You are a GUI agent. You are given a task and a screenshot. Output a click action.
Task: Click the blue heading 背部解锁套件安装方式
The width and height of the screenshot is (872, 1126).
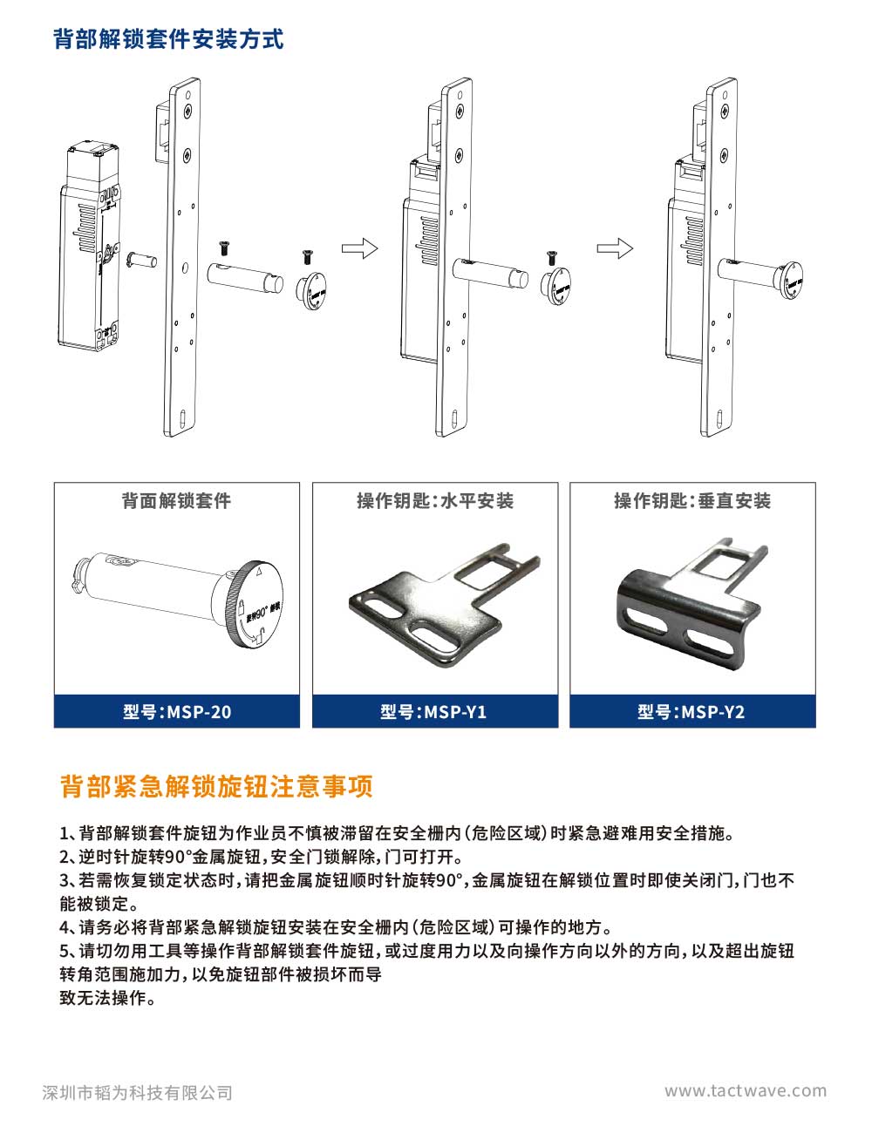[x=168, y=39]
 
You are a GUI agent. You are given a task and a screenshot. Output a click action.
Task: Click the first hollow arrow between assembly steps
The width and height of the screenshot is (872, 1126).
[x=359, y=248]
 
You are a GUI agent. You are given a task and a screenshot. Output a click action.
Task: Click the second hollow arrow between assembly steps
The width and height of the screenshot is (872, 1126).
[x=615, y=248]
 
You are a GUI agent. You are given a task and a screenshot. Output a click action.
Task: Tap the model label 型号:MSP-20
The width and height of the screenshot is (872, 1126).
[x=177, y=711]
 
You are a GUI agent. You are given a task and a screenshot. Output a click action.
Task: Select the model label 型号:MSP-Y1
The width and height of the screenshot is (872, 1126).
[x=433, y=711]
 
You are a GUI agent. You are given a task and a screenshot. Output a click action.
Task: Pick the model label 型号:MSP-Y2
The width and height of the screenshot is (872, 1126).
[x=691, y=711]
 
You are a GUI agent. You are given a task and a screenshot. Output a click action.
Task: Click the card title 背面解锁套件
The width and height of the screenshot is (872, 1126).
[x=176, y=500]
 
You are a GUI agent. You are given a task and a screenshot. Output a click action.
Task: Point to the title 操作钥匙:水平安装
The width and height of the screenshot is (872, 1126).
[x=435, y=500]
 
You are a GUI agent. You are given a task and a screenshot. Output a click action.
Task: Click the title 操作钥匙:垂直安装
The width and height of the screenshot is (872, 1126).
[x=692, y=500]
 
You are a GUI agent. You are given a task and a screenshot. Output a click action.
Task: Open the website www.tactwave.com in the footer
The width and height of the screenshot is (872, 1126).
[x=746, y=1091]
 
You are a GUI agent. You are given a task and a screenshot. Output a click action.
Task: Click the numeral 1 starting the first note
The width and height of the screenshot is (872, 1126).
[x=65, y=834]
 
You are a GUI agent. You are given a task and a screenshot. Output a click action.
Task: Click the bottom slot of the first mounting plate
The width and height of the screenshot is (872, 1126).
[x=182, y=417]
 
